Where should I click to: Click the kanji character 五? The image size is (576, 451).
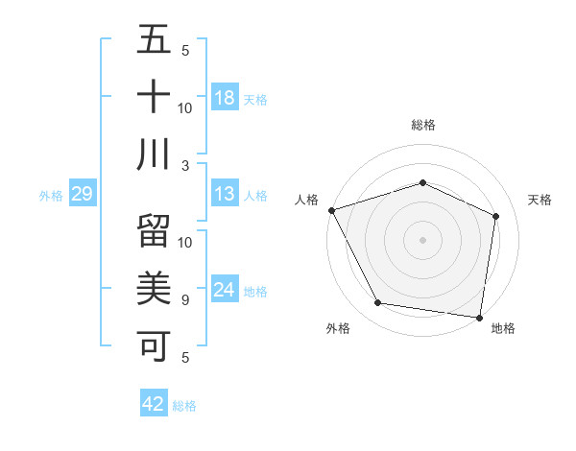[x=154, y=42]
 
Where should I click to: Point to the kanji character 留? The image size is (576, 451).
[x=154, y=231]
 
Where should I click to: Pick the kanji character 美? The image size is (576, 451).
[x=154, y=287]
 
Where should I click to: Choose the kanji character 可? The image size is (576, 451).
[x=154, y=343]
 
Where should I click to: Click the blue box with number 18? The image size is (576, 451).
[x=225, y=97]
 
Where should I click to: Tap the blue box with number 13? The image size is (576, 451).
[x=225, y=194]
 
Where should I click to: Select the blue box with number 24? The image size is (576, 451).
[x=225, y=290]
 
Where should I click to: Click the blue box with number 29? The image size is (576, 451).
[x=82, y=194]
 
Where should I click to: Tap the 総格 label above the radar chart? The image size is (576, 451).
[x=422, y=125]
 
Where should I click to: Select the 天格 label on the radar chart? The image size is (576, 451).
[x=540, y=200]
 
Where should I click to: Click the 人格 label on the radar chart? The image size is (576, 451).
[x=307, y=200]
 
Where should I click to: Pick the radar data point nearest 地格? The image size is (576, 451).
[x=480, y=317]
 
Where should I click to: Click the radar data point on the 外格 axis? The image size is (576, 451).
[x=377, y=303]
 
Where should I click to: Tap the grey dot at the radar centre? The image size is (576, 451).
[x=422, y=239]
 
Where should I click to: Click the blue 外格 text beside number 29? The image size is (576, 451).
[x=51, y=195]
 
